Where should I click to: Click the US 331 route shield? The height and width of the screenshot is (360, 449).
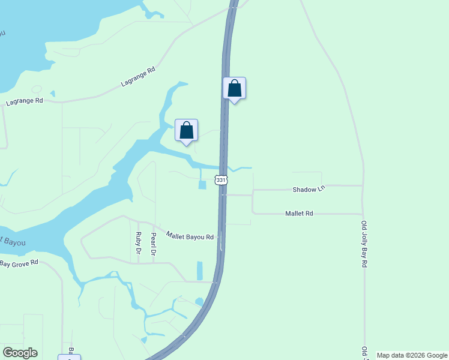click(x=221, y=180)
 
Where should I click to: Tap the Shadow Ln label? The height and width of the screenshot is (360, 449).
click(x=309, y=189)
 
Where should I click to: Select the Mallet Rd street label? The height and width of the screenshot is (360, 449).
click(x=299, y=213)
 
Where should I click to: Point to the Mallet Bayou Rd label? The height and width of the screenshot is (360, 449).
click(x=190, y=236)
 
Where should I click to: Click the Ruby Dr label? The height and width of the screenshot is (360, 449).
click(x=138, y=243)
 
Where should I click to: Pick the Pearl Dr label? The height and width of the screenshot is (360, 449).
click(x=154, y=244)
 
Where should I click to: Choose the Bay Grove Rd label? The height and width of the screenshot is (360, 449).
click(x=19, y=263)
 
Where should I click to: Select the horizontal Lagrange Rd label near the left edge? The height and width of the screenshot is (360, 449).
click(x=25, y=102)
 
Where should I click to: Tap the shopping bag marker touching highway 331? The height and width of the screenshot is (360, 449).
click(x=235, y=89)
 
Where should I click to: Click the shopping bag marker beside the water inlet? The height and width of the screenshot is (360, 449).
click(x=186, y=130)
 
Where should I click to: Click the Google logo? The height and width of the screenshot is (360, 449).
click(x=20, y=353)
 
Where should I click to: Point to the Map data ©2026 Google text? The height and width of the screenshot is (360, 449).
click(x=412, y=355)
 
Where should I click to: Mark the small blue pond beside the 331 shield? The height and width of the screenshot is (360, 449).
click(x=202, y=185)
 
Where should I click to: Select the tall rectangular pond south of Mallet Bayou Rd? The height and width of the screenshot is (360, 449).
click(x=200, y=271)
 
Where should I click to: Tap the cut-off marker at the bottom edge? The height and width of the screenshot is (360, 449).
click(x=69, y=357)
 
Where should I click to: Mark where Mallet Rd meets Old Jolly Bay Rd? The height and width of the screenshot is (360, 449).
click(x=363, y=214)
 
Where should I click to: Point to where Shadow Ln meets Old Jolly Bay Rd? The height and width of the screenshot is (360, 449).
click(x=362, y=185)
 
